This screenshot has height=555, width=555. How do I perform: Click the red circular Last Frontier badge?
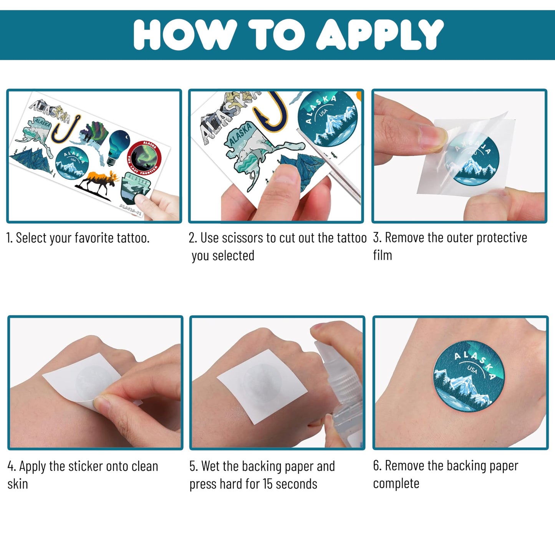click(144, 158)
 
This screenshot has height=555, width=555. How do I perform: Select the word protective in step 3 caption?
click(502, 238)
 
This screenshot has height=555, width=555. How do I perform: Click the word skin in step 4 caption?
click(18, 484)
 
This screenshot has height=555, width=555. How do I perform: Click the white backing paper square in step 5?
click(262, 386)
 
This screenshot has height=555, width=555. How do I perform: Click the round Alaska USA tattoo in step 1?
click(72, 163)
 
